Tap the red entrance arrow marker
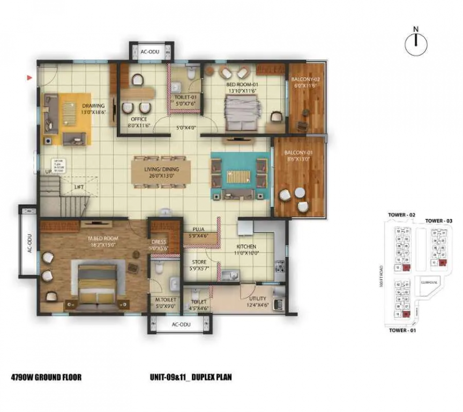(30, 78)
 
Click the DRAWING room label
(93, 106)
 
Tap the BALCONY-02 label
(305, 80)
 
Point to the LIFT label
(79, 187)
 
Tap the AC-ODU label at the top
(151, 53)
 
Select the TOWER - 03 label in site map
(439, 221)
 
